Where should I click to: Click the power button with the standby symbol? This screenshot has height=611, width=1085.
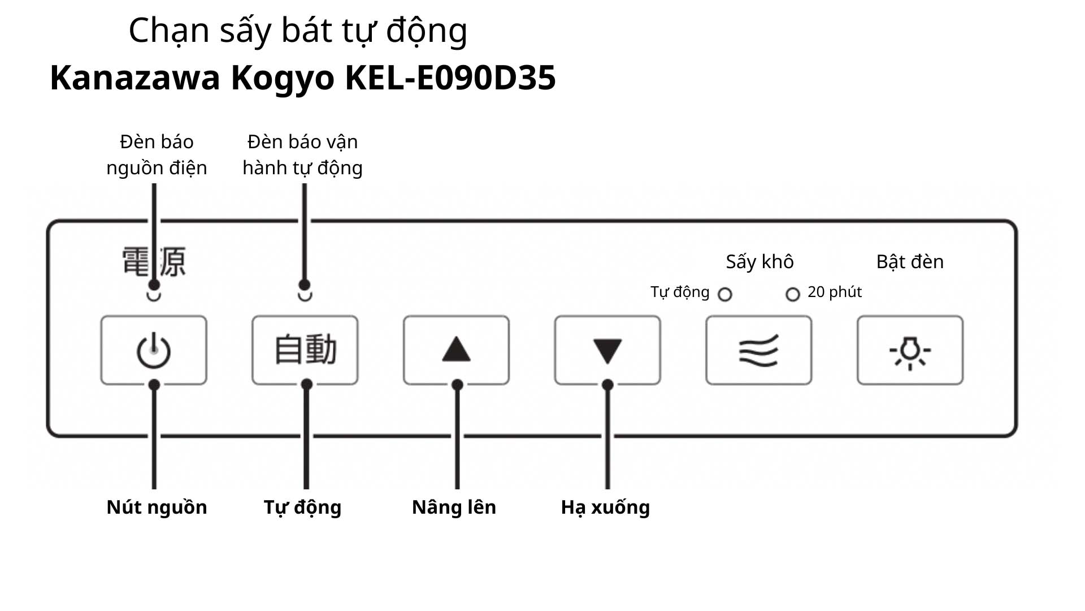[x=154, y=351]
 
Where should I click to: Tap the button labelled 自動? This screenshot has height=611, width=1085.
[x=305, y=351]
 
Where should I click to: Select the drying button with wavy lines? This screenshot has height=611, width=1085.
[x=758, y=351]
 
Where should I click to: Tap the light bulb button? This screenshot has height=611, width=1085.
[x=910, y=351]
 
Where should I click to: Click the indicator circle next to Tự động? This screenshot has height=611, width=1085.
[x=724, y=294]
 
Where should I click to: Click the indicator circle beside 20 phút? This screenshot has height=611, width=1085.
[x=793, y=294]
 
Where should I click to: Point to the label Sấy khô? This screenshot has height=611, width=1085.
[x=759, y=262]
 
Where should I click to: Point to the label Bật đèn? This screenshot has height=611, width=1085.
[x=910, y=262]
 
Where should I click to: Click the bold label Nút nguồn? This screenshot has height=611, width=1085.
[x=157, y=507]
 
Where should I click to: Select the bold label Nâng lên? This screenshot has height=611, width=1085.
[x=454, y=507]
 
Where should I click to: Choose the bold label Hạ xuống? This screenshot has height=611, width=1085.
[x=605, y=507]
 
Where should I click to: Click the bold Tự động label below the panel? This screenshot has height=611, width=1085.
[x=302, y=507]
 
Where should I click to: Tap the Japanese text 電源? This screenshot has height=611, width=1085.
[x=154, y=261]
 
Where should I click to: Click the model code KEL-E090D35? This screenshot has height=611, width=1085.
[x=450, y=78]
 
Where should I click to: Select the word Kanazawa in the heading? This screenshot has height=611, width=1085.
[x=134, y=78]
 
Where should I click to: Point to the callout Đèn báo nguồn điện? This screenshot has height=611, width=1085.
[x=157, y=154]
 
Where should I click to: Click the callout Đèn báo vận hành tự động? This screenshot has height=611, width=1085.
[x=302, y=154]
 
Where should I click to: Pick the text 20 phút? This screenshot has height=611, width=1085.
[x=834, y=292]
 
